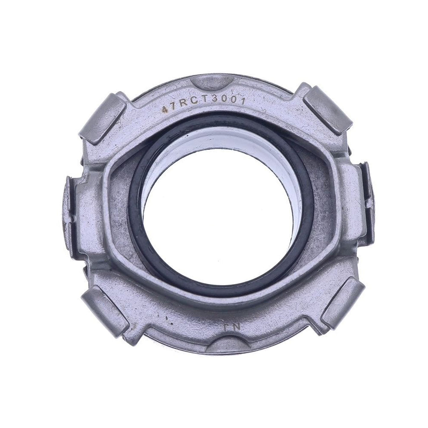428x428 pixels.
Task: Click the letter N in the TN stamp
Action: coord(236,326)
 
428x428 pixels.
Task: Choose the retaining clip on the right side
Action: coord(366,201)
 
